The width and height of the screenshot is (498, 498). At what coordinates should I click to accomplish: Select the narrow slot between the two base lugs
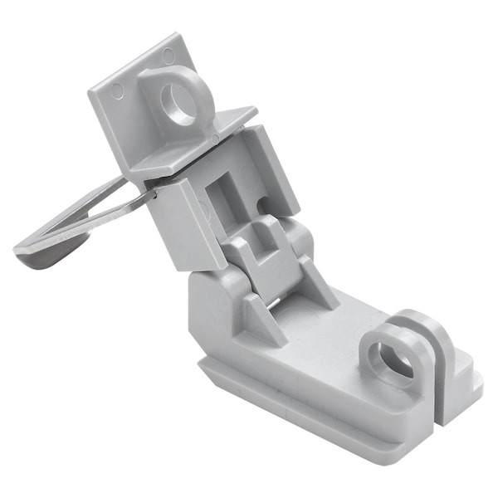coord(438,378)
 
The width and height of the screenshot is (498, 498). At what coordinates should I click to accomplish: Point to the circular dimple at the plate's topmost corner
coord(169,56)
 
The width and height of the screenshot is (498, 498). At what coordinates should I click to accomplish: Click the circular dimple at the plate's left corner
coord(116,90)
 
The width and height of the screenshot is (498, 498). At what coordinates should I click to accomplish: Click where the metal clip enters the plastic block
coord(151,196)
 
